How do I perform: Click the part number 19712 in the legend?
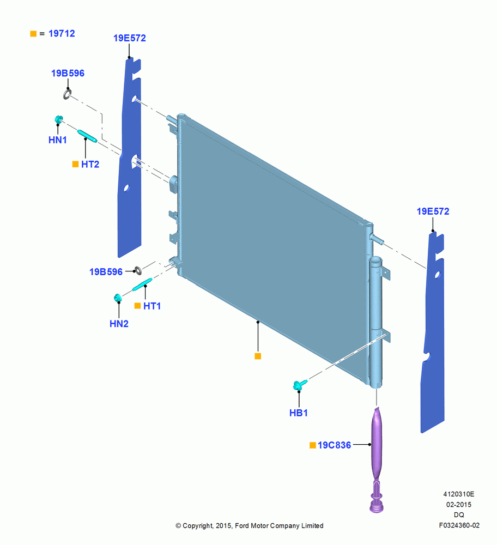coord(62,33)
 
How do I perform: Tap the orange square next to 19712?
coord(33,34)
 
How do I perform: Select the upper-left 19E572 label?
coord(129,38)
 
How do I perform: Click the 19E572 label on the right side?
coord(433,211)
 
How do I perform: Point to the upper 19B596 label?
coord(68,74)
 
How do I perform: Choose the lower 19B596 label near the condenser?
coord(106,272)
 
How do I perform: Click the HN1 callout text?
coord(58,140)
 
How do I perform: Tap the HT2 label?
coord(90,165)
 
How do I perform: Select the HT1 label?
coord(152,306)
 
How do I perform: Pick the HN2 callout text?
coord(119,324)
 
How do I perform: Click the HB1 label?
coord(299,413)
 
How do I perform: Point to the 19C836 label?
coord(335,445)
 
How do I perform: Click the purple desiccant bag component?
coord(377,459)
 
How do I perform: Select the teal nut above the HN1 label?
coord(59,119)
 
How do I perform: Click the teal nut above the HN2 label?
coord(118,298)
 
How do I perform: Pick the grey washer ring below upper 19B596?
coord(67,94)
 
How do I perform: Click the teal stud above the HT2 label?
coord(87,136)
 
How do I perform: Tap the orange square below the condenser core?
coord(258,356)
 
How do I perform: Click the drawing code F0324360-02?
coord(459,525)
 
